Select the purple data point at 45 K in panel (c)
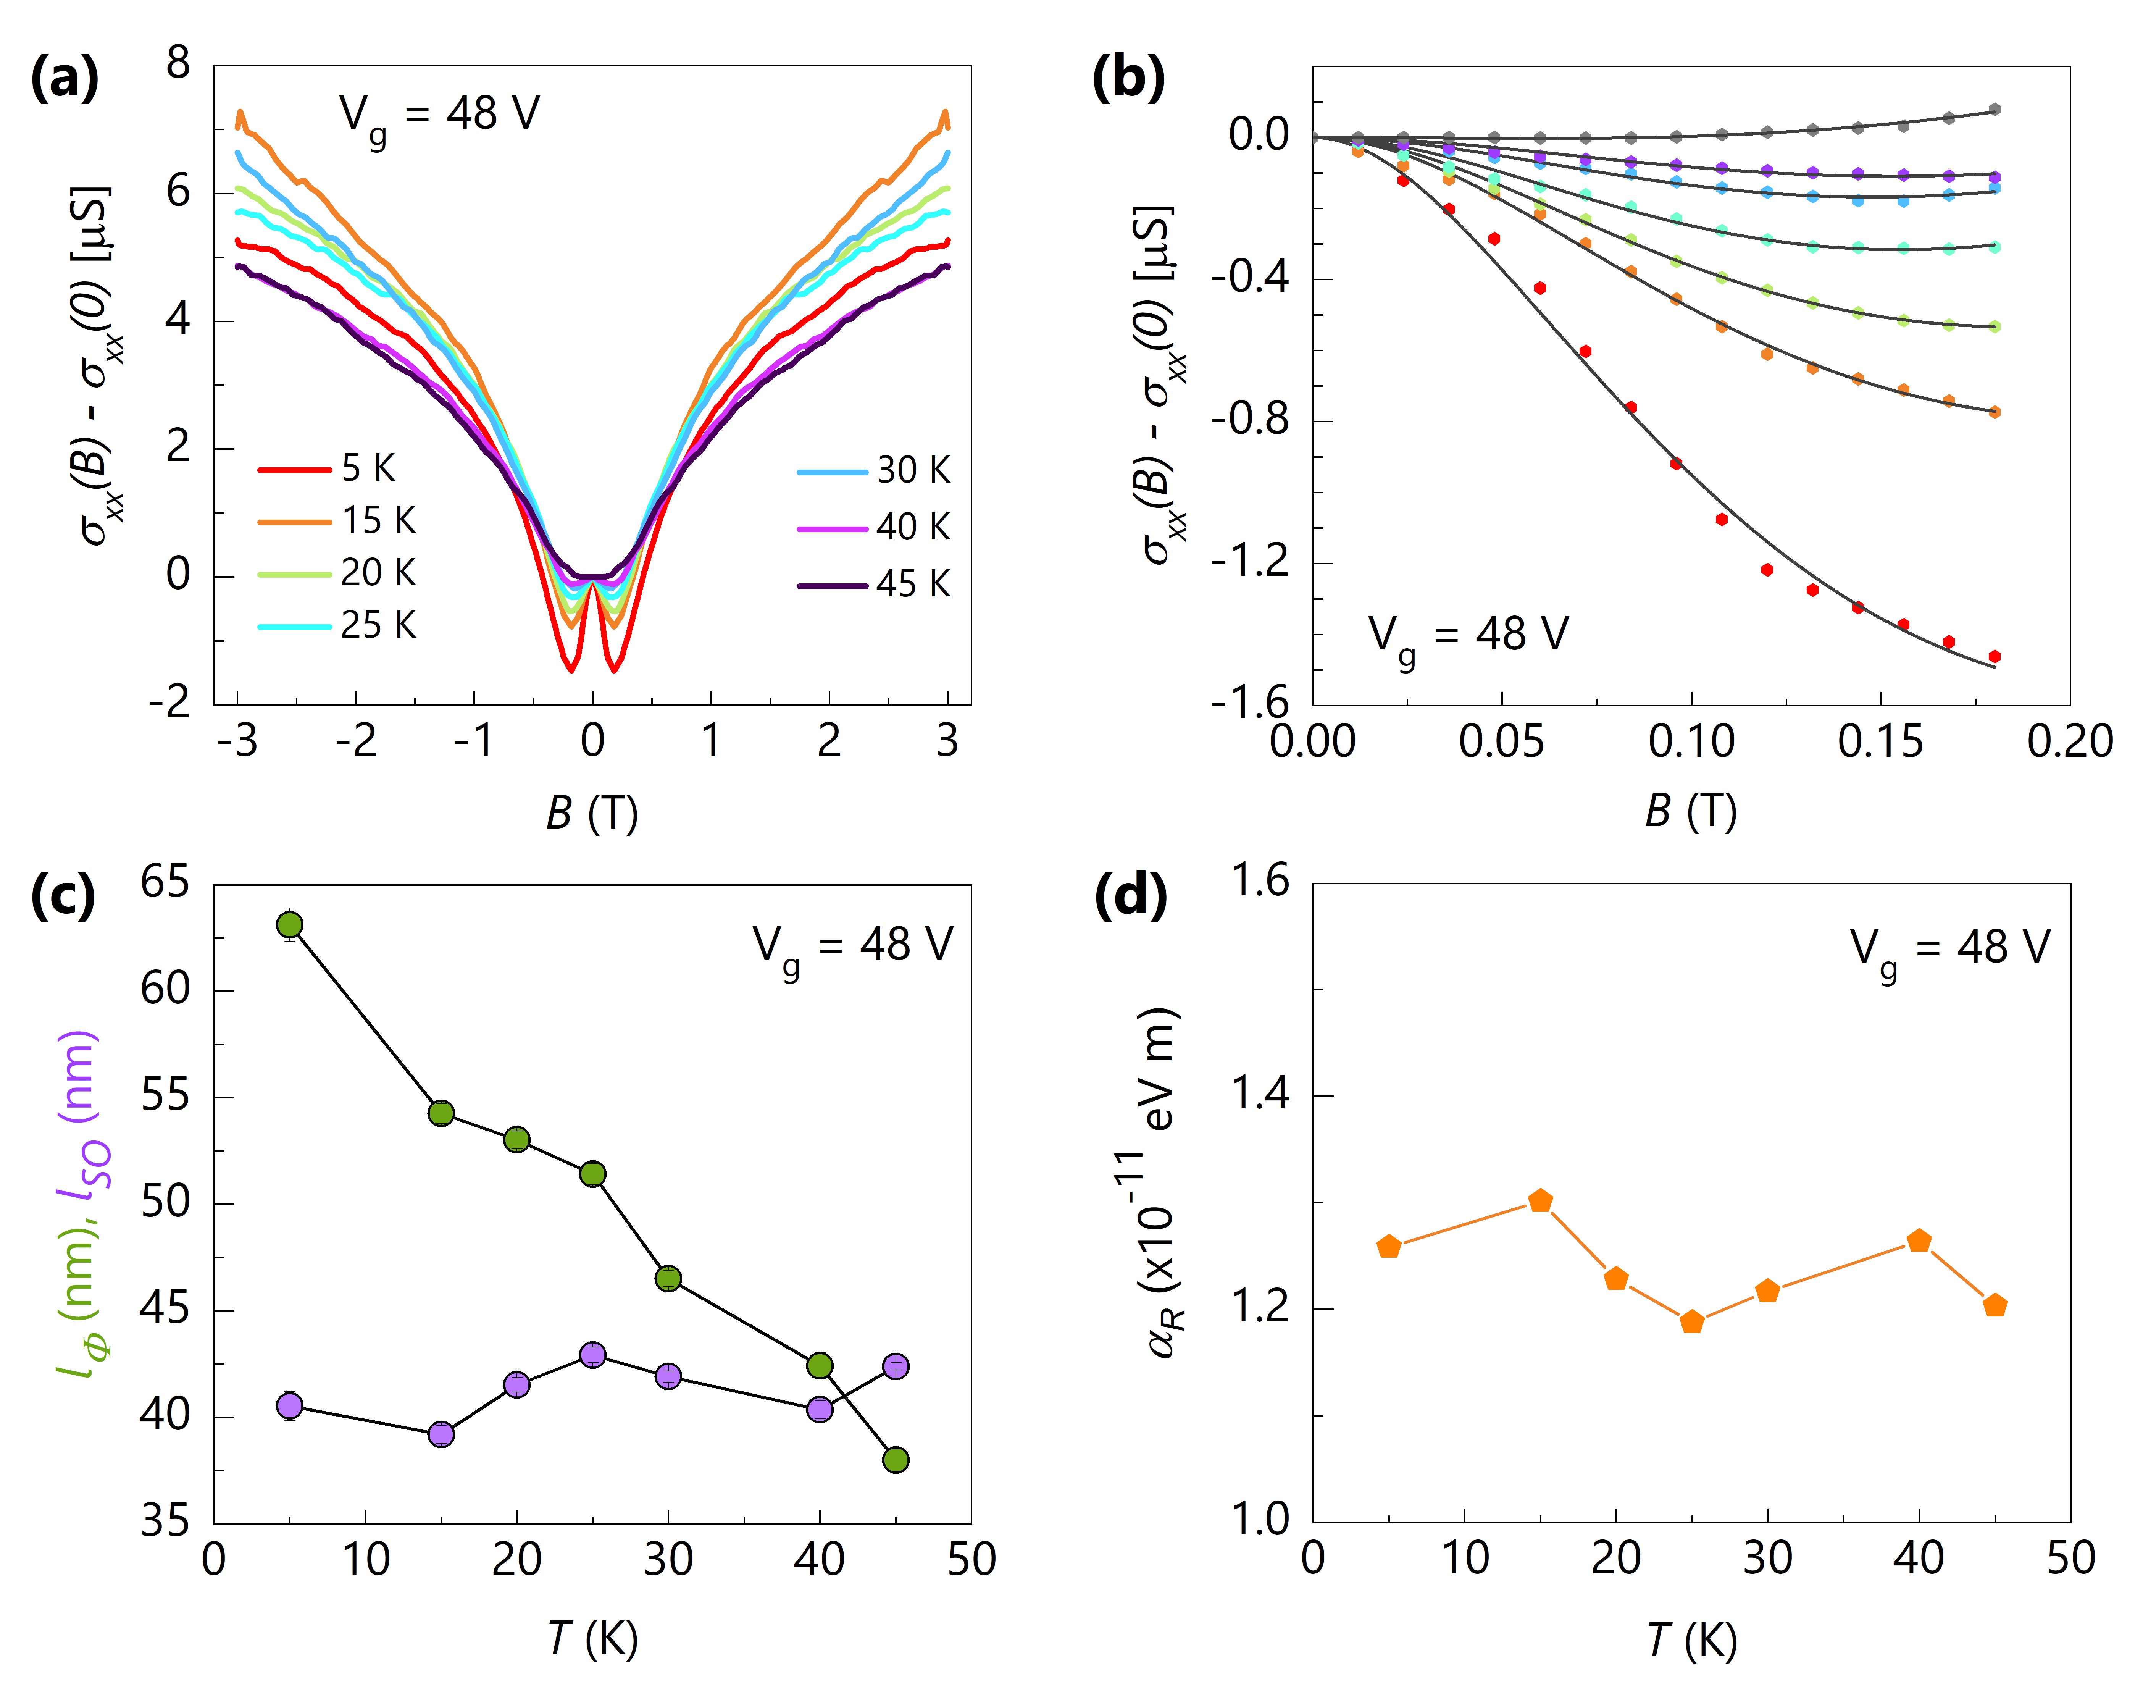[x=895, y=1366]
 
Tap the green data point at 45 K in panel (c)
[x=895, y=1460]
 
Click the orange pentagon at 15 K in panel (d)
[x=1539, y=1200]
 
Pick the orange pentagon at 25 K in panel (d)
[x=1691, y=1322]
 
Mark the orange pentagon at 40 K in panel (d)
[x=1919, y=1241]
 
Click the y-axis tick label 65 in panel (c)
[x=165, y=882]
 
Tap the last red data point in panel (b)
[x=1994, y=656]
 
